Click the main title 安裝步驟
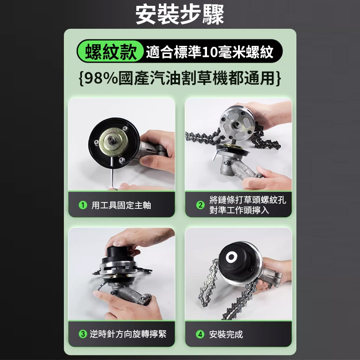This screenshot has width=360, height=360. click(x=180, y=14)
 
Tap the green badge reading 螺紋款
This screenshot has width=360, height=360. click(x=110, y=51)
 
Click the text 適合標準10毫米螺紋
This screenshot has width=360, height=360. click(x=210, y=52)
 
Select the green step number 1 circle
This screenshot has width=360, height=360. click(x=83, y=205)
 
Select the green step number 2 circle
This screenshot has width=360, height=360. click(x=200, y=205)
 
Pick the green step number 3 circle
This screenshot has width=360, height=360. click(x=83, y=334)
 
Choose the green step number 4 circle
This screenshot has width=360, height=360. click(x=200, y=334)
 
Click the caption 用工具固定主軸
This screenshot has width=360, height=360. click(x=121, y=205)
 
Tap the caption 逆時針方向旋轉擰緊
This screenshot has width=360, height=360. click(x=128, y=334)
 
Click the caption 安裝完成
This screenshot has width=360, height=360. click(x=226, y=334)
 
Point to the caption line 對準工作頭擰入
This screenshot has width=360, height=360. click(x=239, y=210)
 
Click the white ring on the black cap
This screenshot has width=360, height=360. click(x=231, y=257)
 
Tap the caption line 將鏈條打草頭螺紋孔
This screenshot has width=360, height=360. click(x=247, y=200)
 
